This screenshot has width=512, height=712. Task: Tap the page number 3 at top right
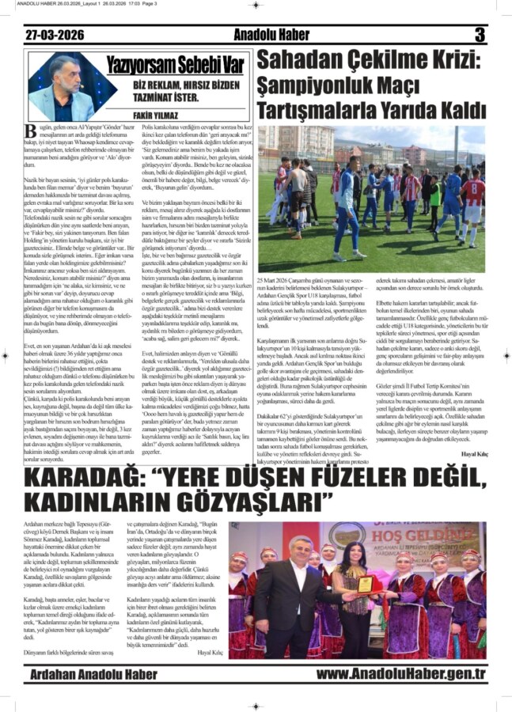[x=479, y=36]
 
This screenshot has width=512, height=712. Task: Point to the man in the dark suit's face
[x=303, y=547]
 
